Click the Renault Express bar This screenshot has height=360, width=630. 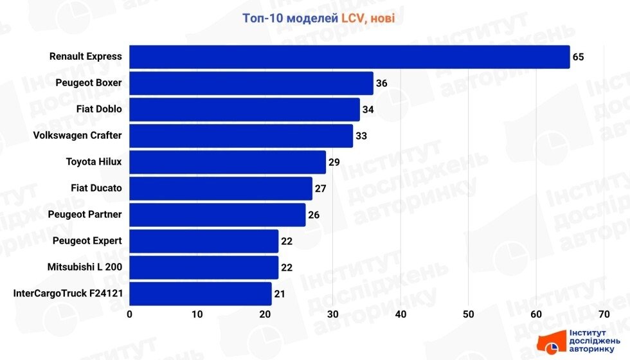(350, 57)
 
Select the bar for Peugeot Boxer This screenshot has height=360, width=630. (251, 83)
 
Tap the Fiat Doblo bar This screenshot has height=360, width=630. (244, 109)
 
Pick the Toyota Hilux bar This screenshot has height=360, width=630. (228, 162)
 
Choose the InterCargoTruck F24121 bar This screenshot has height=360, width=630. (201, 294)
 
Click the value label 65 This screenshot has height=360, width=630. (579, 57)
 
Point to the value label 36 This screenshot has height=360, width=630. (381, 83)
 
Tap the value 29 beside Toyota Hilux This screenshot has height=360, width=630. (334, 162)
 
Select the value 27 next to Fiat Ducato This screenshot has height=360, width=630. (320, 188)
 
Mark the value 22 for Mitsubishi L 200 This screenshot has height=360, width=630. (287, 267)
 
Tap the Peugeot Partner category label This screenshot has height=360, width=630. (85, 215)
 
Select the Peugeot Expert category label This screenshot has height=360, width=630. (87, 241)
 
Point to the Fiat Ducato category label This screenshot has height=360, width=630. (96, 188)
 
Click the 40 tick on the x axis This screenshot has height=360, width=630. (401, 314)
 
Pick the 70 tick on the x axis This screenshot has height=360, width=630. (604, 314)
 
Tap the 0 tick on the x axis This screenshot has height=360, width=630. (130, 314)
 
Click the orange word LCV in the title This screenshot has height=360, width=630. (352, 19)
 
